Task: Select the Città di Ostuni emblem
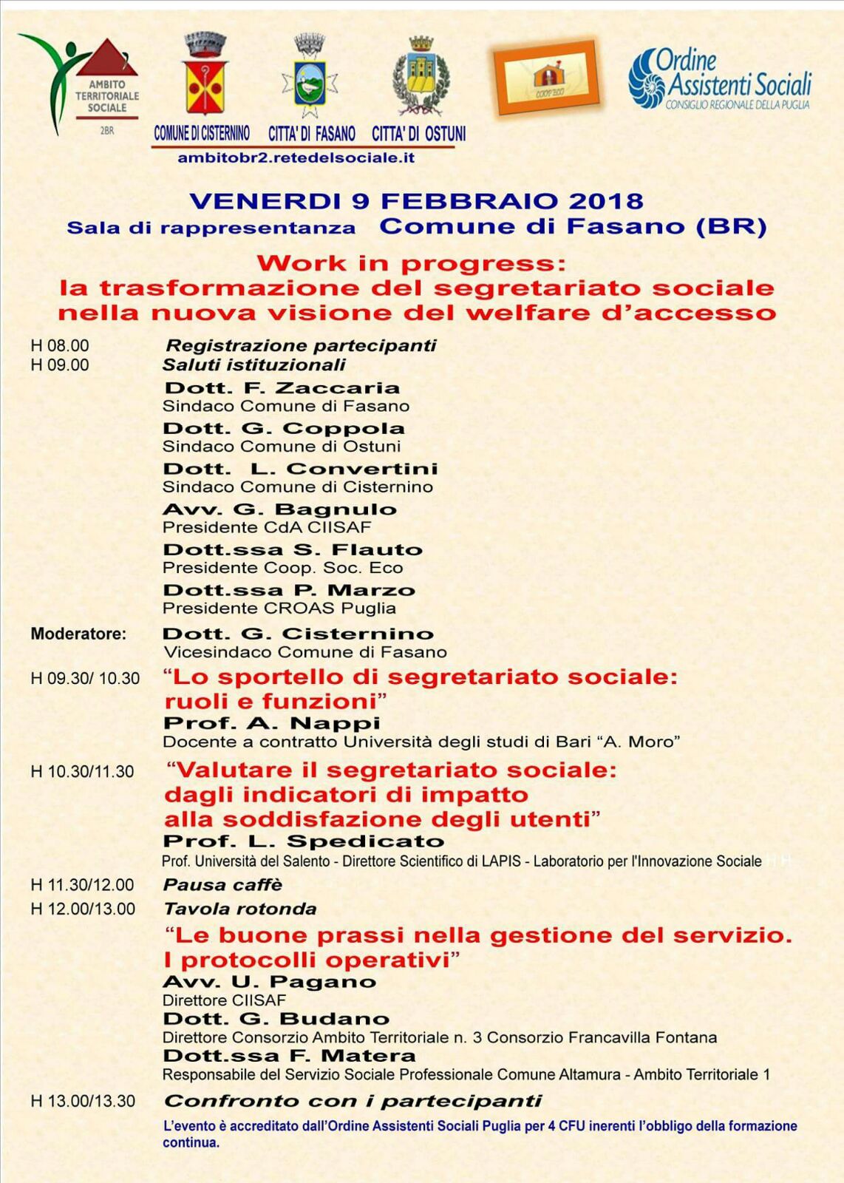coord(420,78)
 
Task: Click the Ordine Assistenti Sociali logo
coord(720,80)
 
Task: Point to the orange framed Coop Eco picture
coord(546,77)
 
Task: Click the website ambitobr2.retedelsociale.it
coord(296,157)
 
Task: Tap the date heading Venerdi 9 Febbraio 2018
coord(416,201)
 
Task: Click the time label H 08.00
coord(59,345)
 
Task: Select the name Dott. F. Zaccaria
coord(282,388)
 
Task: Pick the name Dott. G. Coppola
coord(284,429)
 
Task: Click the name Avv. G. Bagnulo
coord(279,509)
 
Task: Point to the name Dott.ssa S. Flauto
coord(293,550)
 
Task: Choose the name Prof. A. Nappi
coord(271,723)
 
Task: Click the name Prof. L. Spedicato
coord(303,841)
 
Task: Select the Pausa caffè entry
coord(222,885)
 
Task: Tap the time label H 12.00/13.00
coord(83,909)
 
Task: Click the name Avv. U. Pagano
coord(269,982)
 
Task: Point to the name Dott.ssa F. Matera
coord(289,1056)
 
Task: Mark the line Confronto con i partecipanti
coord(353,1101)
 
